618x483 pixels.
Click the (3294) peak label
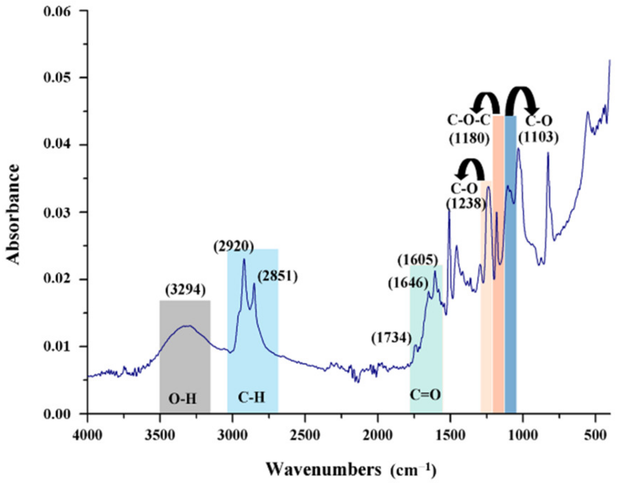click(185, 290)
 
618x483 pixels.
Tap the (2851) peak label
click(278, 276)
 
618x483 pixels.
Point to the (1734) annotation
click(392, 338)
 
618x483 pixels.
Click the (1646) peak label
click(408, 283)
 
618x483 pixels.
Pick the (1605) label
click(418, 260)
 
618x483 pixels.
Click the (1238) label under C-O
click(465, 204)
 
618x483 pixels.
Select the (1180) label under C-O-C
click(469, 138)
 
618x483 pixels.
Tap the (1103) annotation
click(538, 137)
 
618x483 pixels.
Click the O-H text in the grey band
click(182, 399)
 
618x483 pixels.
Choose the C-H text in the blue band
click(251, 398)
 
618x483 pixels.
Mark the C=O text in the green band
click(425, 394)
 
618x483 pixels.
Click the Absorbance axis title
click(13, 214)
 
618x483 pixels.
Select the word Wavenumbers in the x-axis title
click(323, 470)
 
